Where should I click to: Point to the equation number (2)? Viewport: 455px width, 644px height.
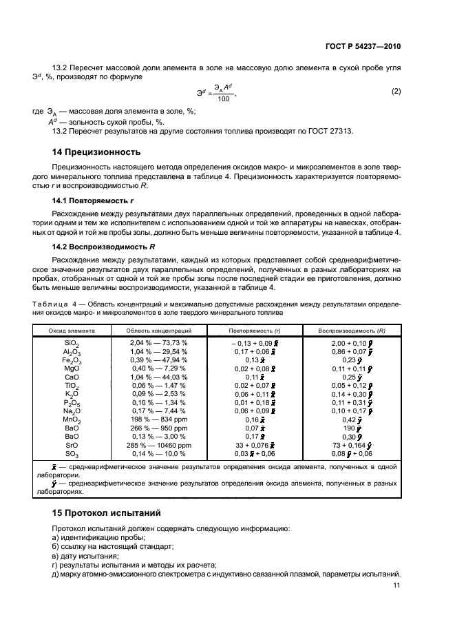pos(396,91)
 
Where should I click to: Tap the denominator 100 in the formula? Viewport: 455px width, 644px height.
pos(221,99)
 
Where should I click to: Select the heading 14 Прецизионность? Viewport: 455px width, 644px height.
pos(96,152)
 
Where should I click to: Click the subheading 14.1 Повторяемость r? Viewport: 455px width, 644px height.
pos(89,199)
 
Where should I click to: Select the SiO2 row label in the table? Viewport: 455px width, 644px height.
pos(72,342)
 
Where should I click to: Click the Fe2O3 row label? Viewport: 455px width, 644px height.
pos(72,360)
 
